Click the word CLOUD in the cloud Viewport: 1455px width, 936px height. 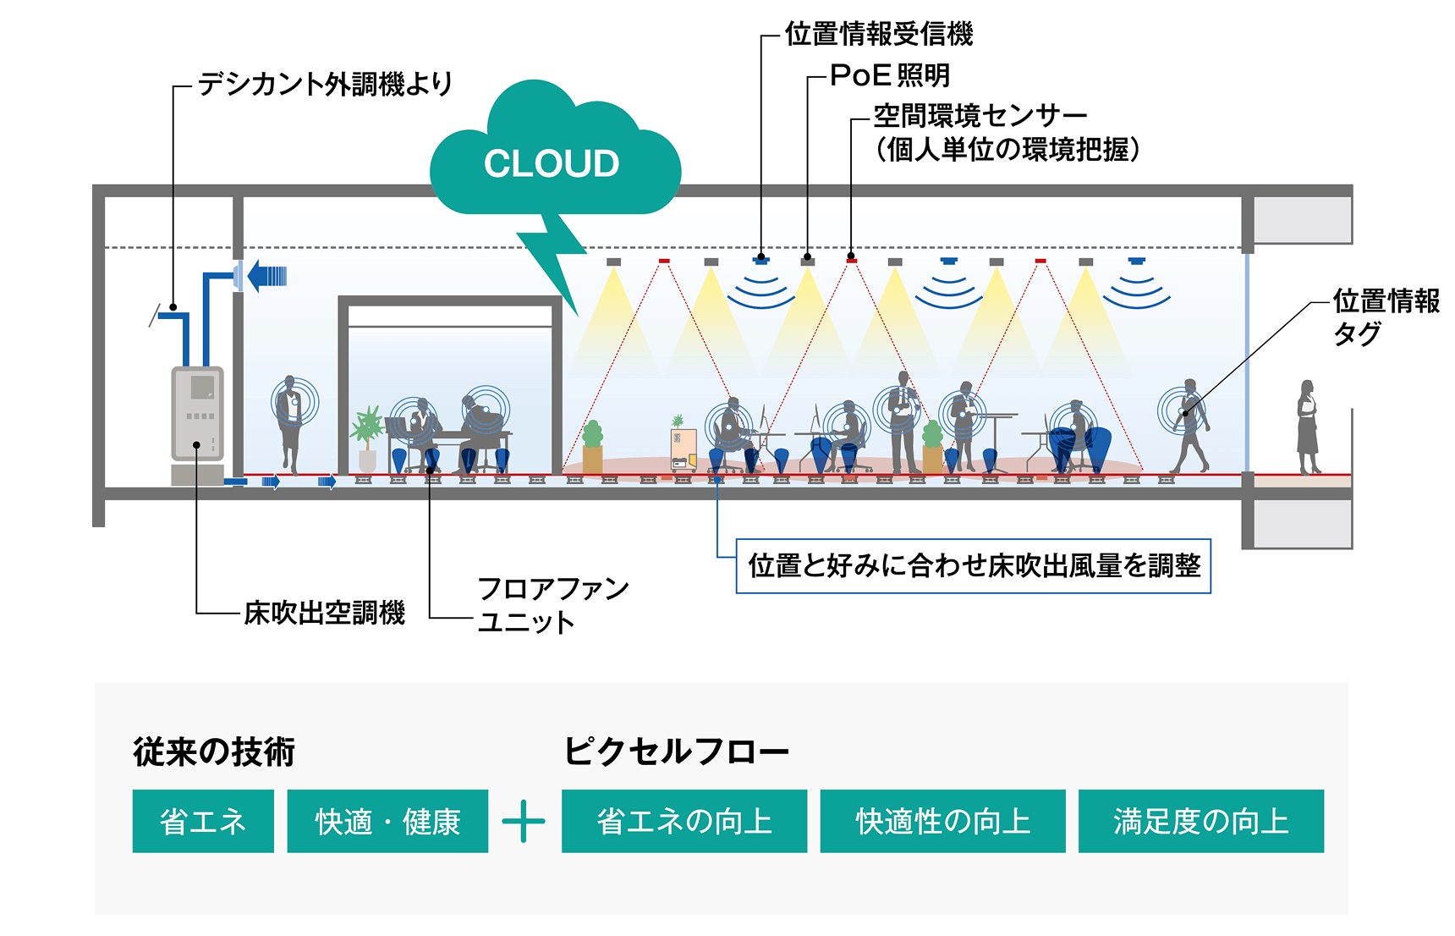(552, 163)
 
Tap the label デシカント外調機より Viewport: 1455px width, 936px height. (326, 84)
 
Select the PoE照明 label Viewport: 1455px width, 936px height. (890, 75)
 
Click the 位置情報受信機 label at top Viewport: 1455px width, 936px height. (879, 35)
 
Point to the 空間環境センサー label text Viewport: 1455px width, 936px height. (980, 115)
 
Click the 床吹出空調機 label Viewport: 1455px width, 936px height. (325, 612)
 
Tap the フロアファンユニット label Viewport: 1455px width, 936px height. (552, 604)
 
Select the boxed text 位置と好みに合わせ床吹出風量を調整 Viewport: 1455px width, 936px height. (974, 565)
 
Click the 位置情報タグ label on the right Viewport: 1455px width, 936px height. (1384, 316)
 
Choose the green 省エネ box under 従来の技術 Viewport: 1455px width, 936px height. (203, 821)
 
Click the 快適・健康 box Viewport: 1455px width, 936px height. (387, 821)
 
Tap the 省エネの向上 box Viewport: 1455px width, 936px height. (684, 821)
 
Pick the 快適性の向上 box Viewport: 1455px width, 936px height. (942, 821)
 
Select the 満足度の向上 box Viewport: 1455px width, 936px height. (1200, 821)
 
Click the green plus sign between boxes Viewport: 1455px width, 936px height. (524, 821)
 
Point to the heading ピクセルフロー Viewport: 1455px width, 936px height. (676, 751)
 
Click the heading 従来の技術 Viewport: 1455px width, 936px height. (214, 752)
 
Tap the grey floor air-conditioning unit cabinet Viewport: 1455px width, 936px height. (198, 413)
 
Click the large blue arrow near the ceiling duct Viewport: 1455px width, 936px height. (266, 276)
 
